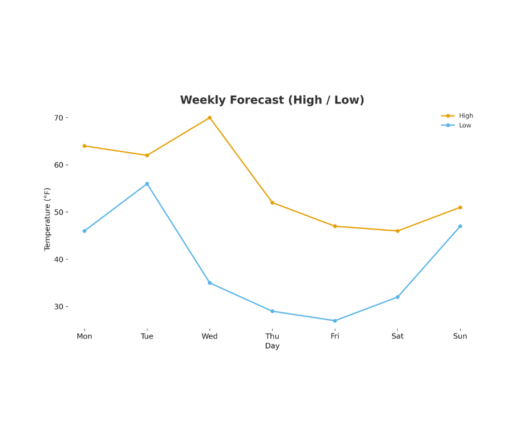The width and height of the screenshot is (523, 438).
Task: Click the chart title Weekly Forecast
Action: click(x=272, y=101)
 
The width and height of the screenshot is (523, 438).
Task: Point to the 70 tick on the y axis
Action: click(x=58, y=118)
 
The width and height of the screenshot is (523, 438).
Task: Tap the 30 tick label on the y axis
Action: click(x=58, y=307)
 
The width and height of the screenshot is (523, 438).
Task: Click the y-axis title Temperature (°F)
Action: click(x=47, y=219)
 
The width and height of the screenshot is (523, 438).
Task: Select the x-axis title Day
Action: click(x=272, y=346)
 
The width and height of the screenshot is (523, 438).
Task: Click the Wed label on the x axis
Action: click(x=210, y=336)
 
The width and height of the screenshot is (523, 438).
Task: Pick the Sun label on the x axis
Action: click(x=460, y=336)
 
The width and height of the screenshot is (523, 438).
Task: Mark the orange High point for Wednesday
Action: click(x=210, y=118)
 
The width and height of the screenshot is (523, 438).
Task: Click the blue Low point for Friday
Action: click(x=335, y=321)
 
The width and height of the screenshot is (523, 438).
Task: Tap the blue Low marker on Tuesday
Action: click(x=147, y=184)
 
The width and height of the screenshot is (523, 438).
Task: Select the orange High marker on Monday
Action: click(x=85, y=146)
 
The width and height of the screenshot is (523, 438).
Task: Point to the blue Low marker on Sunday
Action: click(x=460, y=226)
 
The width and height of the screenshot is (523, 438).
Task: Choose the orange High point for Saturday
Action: click(x=397, y=231)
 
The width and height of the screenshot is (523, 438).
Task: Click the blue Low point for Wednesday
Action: click(x=210, y=283)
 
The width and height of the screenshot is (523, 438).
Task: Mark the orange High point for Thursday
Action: click(x=272, y=203)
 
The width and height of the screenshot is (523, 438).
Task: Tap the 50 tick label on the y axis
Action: click(x=58, y=212)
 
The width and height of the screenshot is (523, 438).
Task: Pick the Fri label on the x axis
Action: click(x=335, y=336)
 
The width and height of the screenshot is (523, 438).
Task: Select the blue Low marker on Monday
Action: click(x=85, y=231)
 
